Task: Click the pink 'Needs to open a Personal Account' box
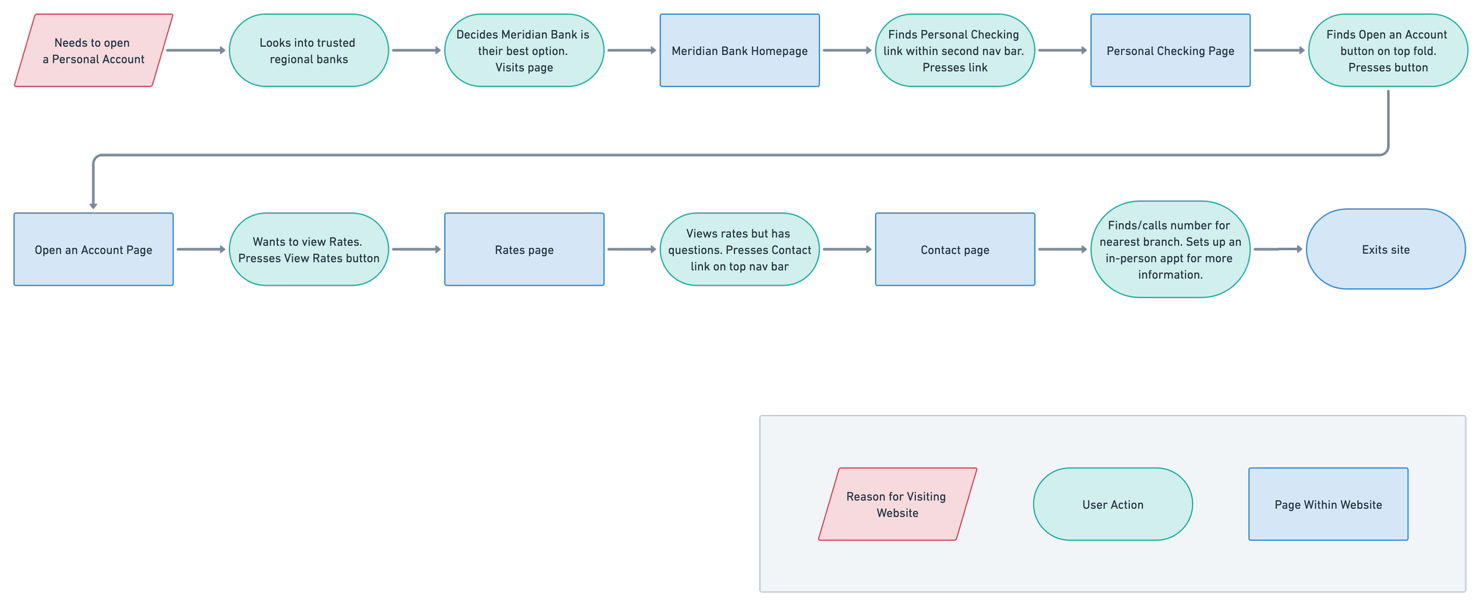(93, 51)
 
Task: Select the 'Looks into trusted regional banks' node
(308, 51)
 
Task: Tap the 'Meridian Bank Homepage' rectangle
(739, 51)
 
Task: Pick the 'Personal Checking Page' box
(1170, 51)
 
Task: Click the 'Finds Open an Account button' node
(1387, 51)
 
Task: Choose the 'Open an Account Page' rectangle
(93, 250)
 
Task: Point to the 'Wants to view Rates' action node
(308, 250)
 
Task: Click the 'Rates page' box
(524, 250)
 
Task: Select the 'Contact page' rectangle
(954, 250)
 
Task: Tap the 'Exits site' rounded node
(1385, 250)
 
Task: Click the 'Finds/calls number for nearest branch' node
(1170, 250)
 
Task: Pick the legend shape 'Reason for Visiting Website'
(897, 504)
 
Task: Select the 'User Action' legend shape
(1113, 504)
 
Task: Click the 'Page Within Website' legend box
(1328, 504)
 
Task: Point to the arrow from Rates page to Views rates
(631, 250)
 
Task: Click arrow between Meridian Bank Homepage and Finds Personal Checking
(847, 51)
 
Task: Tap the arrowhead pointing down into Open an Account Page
(93, 205)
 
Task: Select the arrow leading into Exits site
(1277, 250)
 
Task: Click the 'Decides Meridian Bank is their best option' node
(524, 51)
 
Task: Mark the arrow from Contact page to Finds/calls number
(1062, 250)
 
